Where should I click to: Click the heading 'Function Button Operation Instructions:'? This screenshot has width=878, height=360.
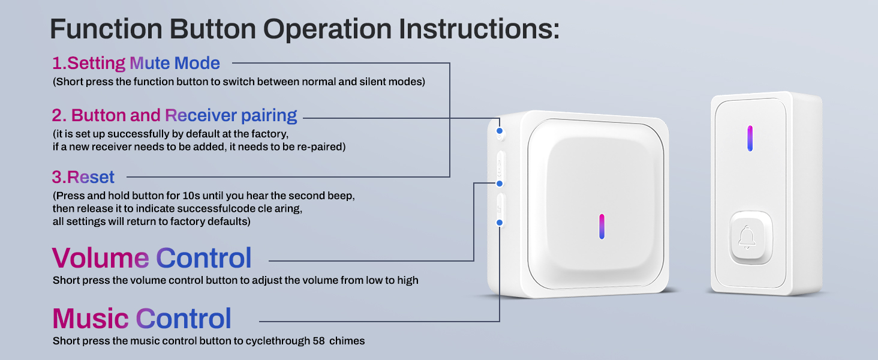click(304, 28)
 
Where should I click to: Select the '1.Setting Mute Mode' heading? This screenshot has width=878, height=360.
click(136, 63)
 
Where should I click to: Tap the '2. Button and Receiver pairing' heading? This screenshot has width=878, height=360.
click(175, 115)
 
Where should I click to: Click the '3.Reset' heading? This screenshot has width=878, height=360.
click(83, 177)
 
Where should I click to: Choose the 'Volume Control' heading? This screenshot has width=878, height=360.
click(152, 258)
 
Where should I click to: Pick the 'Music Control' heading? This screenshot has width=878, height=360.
click(142, 319)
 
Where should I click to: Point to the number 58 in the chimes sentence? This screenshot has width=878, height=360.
click(319, 341)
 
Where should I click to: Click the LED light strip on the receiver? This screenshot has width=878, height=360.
click(602, 226)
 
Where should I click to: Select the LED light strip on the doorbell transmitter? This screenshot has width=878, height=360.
click(750, 138)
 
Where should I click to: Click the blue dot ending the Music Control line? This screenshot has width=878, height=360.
click(500, 223)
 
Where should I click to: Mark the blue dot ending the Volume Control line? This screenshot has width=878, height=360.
click(498, 183)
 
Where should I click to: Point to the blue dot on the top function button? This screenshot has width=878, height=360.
click(498, 130)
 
